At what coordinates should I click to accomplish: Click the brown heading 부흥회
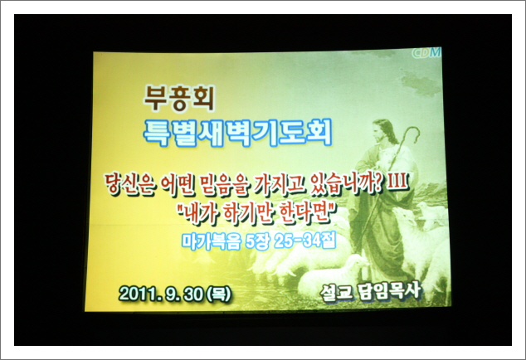tap(179, 99)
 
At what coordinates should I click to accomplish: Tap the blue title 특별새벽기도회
tap(237, 134)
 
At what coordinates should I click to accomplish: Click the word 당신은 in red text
tap(129, 184)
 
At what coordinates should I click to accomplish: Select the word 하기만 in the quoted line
tap(248, 214)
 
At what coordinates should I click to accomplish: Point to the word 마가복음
tap(212, 241)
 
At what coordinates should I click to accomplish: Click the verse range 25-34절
tap(305, 241)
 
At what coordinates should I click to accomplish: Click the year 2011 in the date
tap(137, 294)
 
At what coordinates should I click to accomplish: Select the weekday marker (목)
tap(219, 294)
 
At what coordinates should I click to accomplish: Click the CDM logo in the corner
tap(426, 53)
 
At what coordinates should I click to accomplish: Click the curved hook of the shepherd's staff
tap(412, 134)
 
